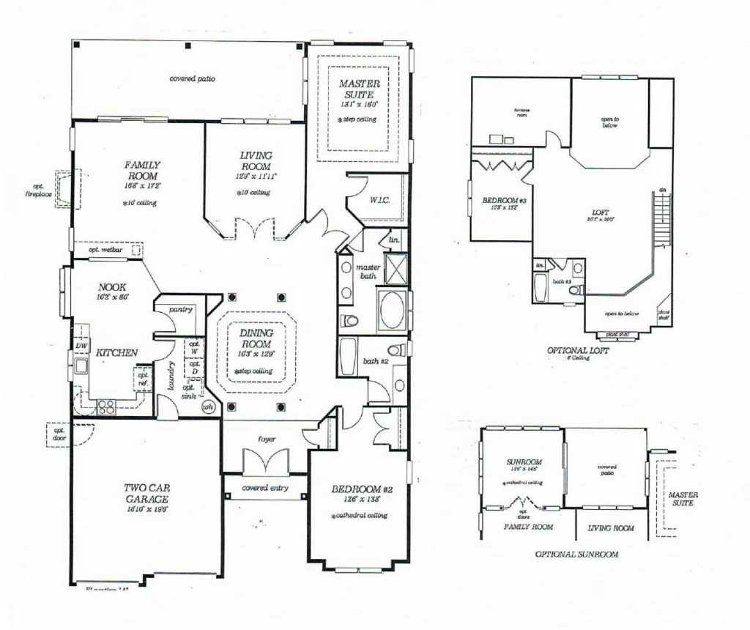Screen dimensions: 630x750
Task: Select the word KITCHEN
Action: pyautogui.click(x=116, y=353)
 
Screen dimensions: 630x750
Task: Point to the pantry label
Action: pyautogui.click(x=179, y=310)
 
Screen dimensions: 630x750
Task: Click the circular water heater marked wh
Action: pyautogui.click(x=207, y=407)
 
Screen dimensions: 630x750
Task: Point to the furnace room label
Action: pyautogui.click(x=521, y=113)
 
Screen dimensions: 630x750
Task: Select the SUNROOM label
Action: pyautogui.click(x=524, y=463)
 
